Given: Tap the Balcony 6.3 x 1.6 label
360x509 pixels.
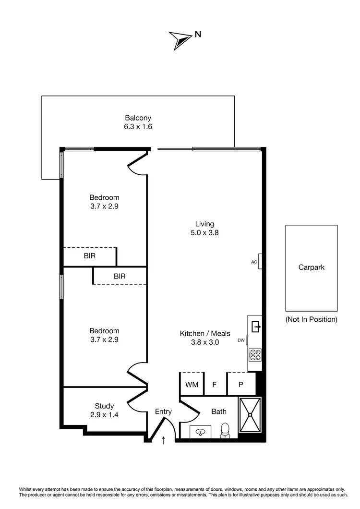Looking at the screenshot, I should [x=138, y=122].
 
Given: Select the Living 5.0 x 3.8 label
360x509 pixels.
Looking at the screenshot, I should [x=204, y=228].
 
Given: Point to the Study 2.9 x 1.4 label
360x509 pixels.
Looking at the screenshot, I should [x=104, y=410].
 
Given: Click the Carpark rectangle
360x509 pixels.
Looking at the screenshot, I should [x=312, y=268].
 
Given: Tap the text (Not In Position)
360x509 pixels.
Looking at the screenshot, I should [x=312, y=319].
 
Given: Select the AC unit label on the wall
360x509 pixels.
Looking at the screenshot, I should [x=254, y=262].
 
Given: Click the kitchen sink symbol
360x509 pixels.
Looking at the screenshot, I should [x=255, y=327].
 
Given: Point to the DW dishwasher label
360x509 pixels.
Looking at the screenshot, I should [x=241, y=341].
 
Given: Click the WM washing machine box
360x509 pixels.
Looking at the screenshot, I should [x=192, y=385].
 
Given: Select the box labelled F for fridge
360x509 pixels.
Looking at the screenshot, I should [x=215, y=385].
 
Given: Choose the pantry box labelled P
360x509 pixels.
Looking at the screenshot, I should [x=240, y=385].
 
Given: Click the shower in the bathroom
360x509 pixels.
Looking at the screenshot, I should [x=250, y=414].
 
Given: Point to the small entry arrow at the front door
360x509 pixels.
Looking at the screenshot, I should [x=164, y=439].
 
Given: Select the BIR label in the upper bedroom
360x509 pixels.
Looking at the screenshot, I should [x=90, y=256].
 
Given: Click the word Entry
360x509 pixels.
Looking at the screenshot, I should [x=163, y=412].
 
